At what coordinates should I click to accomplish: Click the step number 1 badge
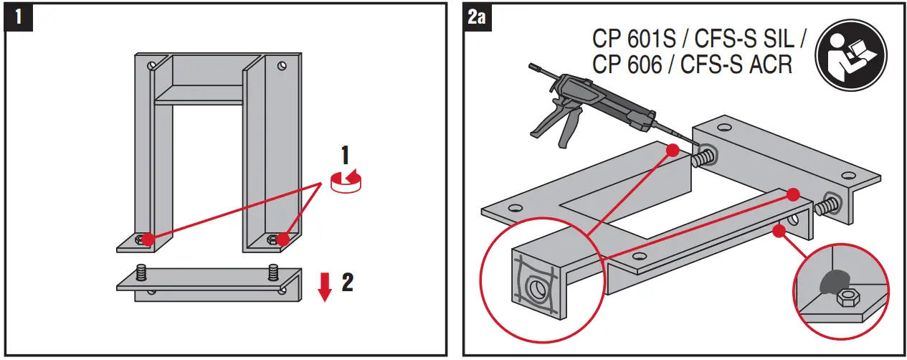click(19, 16)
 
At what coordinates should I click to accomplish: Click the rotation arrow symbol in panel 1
click(346, 181)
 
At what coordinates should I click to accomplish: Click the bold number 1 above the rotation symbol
click(345, 155)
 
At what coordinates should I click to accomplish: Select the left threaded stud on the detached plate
click(141, 273)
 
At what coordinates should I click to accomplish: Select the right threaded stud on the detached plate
click(272, 273)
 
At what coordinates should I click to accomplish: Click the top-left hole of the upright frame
click(151, 67)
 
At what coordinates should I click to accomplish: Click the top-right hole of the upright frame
click(283, 66)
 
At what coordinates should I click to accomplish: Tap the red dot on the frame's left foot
click(146, 238)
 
